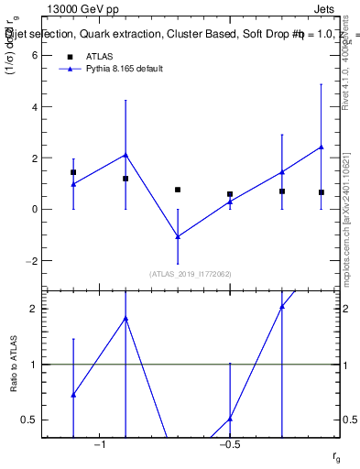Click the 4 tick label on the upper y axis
click(34, 106)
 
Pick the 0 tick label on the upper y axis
click(34, 209)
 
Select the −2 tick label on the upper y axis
click(31, 260)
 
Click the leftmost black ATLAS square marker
click(73, 172)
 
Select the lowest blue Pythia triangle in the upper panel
click(178, 236)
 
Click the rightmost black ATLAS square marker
click(322, 192)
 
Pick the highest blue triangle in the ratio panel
click(282, 306)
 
